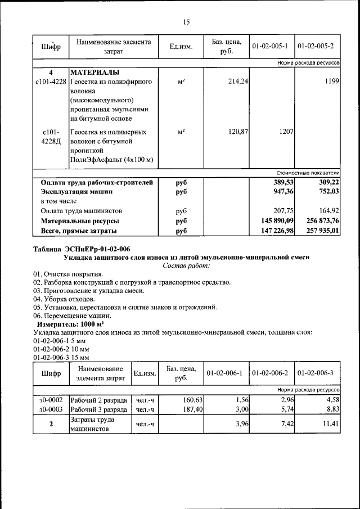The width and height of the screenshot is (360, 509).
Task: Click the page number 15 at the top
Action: pyautogui.click(x=186, y=22)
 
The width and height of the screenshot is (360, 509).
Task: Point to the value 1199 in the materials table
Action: pyautogui.click(x=331, y=82)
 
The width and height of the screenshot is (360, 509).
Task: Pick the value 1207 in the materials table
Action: pyautogui.click(x=287, y=132)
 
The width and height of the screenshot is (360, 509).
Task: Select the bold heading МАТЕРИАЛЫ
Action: pyautogui.click(x=95, y=73)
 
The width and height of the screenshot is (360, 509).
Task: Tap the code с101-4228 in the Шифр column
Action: pyautogui.click(x=51, y=82)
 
